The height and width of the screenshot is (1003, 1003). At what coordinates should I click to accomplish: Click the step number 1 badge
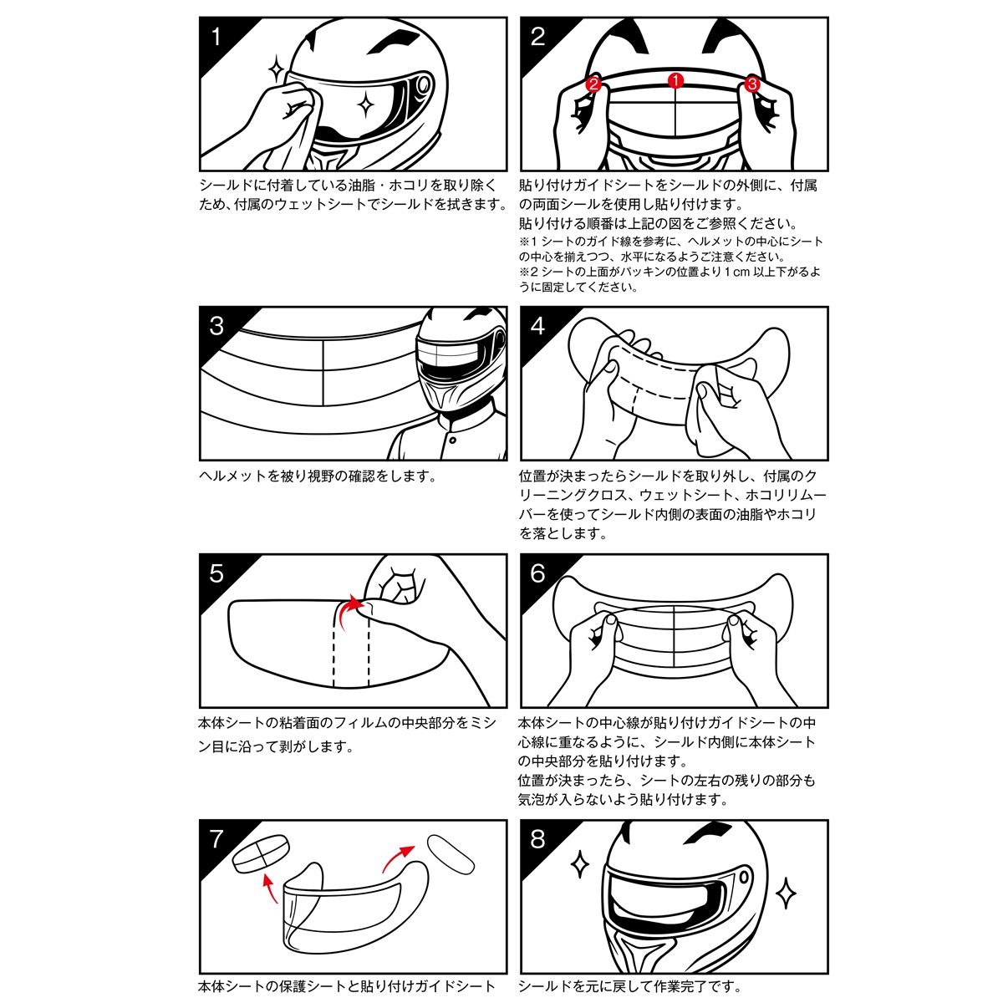(x=217, y=37)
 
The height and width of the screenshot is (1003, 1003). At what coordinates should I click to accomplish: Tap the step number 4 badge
(x=537, y=325)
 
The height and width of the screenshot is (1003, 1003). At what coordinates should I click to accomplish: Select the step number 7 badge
(x=217, y=838)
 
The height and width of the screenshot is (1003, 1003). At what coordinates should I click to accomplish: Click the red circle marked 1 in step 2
(x=675, y=80)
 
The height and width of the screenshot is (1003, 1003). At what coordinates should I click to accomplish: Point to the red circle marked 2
(x=593, y=84)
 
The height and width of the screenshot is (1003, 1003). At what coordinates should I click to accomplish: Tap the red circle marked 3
(x=751, y=84)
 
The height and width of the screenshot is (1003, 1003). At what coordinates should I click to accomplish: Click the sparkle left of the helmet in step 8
(x=578, y=864)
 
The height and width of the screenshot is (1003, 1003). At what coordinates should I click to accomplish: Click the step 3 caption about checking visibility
(x=318, y=476)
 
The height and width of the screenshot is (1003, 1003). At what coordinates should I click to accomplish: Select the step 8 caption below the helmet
(x=629, y=987)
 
